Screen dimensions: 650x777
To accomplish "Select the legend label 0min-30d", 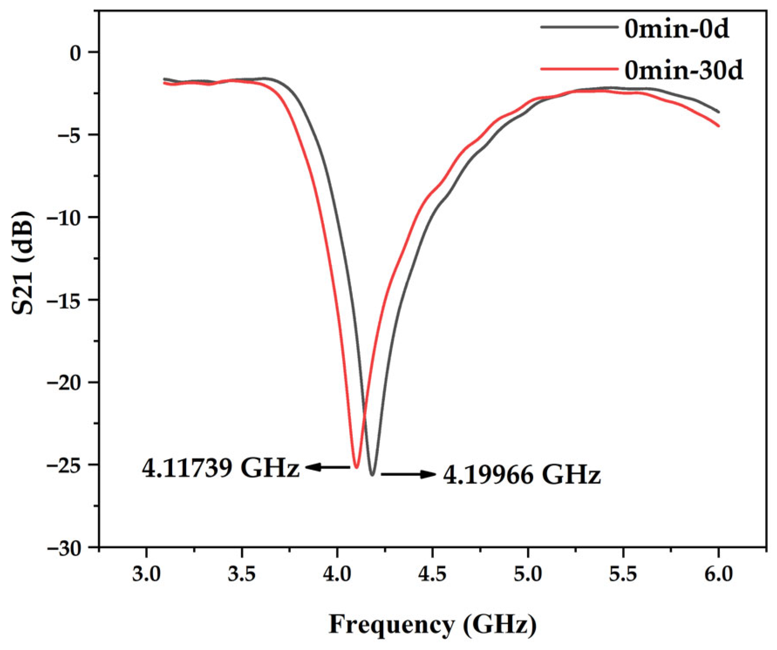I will click(683, 70).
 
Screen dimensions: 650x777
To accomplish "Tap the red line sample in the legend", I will click(579, 69).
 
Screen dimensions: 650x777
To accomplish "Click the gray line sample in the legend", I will click(579, 27).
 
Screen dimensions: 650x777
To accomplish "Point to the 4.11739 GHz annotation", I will click(221, 469).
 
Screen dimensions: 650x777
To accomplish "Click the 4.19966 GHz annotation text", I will click(521, 475).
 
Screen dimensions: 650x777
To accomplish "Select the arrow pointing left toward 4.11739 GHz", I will click(327, 467).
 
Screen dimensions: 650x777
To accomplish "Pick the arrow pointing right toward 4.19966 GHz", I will click(408, 474).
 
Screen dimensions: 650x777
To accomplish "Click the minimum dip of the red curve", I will click(356, 467).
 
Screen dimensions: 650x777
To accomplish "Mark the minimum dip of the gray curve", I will click(372, 475).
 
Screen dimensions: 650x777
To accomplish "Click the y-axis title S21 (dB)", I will click(22, 263).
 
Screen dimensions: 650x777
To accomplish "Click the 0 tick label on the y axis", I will click(76, 52).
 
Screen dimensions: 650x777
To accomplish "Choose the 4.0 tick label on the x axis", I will click(337, 574).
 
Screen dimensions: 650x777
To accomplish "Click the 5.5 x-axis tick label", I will click(623, 574).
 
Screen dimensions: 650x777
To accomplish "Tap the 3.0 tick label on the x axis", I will click(146, 574).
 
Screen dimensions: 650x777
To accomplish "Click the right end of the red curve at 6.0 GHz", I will click(718, 126).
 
